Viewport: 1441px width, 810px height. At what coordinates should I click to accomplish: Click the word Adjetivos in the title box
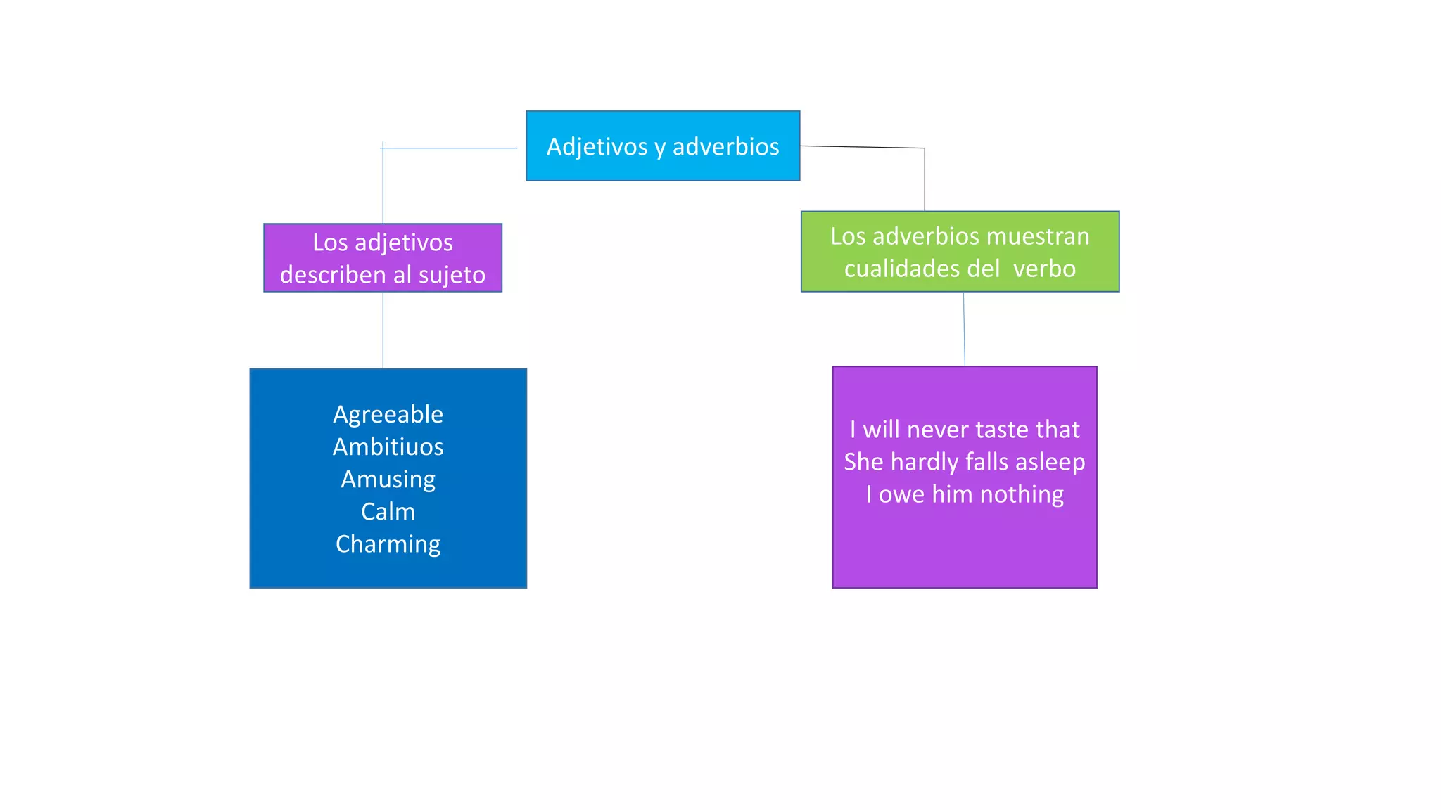597,146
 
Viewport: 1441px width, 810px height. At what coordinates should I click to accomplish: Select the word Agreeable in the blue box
388,414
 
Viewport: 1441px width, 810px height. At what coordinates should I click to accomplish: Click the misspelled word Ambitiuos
388,446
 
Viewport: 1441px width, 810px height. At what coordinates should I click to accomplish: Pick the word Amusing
388,480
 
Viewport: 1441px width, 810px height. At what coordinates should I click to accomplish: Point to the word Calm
388,511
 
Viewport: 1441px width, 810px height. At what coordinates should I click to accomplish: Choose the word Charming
388,544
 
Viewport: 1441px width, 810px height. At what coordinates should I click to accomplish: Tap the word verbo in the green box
1044,269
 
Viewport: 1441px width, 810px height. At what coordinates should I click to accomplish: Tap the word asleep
1050,462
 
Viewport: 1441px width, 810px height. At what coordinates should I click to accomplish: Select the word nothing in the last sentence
1022,494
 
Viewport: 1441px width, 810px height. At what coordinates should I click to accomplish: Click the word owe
901,494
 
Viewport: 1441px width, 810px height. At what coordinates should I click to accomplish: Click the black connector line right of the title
925,179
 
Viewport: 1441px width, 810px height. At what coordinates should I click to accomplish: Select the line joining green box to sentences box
964,329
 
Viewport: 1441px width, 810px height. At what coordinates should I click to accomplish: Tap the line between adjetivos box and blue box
383,330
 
